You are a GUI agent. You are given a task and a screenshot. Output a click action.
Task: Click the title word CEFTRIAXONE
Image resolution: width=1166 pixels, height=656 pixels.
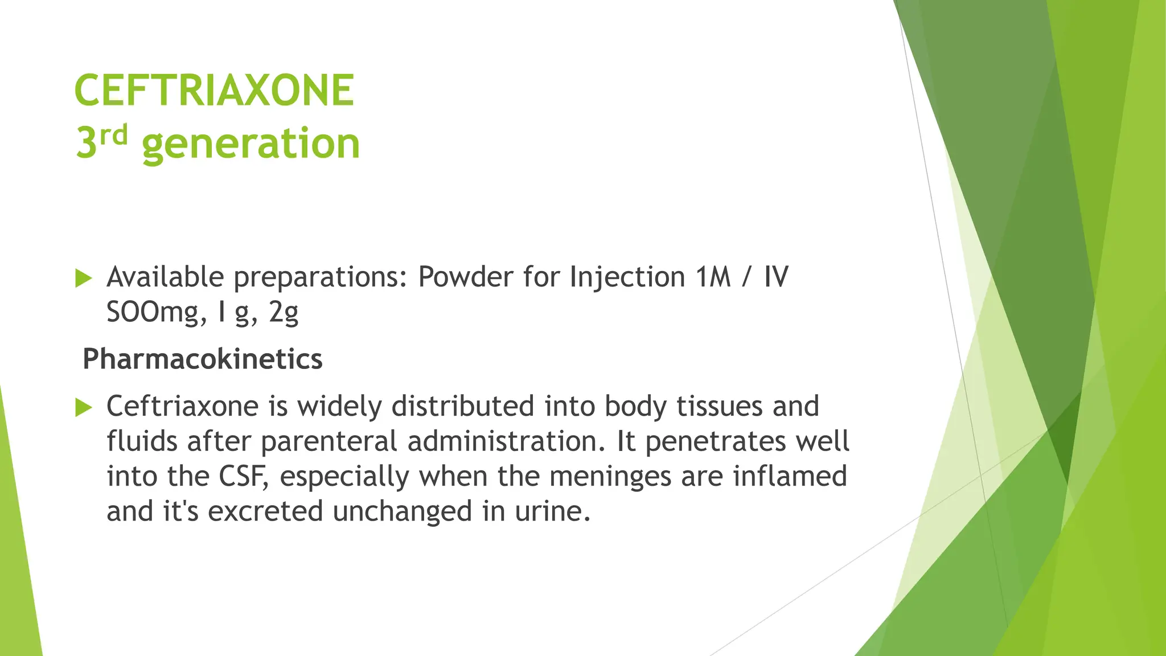(x=214, y=90)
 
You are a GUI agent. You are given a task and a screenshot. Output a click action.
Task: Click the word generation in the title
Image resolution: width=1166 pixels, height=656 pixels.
(x=251, y=143)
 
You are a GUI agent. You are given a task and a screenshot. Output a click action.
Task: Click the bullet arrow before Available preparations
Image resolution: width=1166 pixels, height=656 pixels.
(x=84, y=278)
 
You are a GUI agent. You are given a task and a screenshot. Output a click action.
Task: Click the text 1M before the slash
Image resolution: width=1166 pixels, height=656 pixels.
(x=712, y=277)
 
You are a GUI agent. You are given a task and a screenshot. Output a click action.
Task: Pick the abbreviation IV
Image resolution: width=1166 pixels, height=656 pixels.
(x=775, y=277)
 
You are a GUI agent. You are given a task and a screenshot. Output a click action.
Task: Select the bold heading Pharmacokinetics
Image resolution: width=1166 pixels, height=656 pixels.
(x=203, y=359)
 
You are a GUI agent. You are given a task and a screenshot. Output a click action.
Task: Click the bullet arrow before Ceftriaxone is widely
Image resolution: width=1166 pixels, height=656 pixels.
(x=84, y=408)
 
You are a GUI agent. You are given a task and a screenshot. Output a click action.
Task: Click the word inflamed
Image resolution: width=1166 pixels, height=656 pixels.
(x=790, y=476)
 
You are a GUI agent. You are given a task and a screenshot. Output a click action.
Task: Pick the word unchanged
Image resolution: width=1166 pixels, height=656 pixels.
(x=403, y=511)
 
